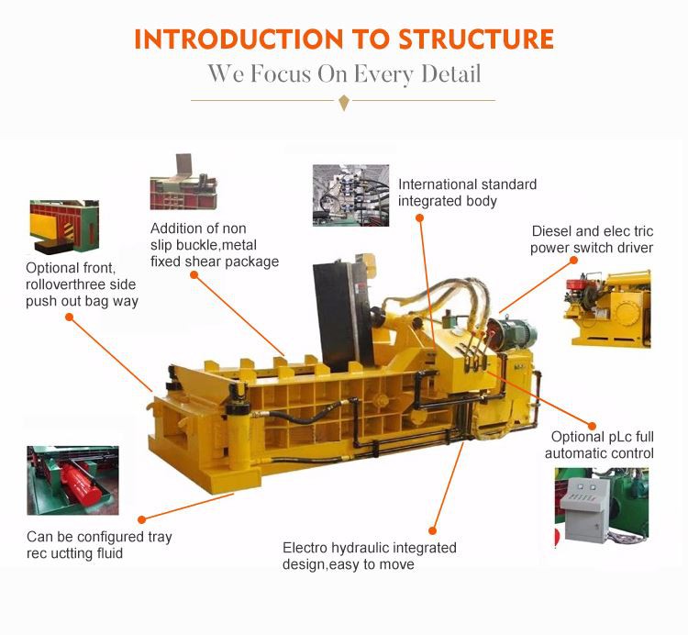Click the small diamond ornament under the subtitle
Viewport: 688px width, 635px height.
pos(344,102)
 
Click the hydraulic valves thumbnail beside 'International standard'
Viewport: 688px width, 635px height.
pos(351,195)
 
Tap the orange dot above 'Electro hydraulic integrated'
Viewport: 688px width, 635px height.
pos(433,530)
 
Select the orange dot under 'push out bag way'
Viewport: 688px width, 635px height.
pos(68,317)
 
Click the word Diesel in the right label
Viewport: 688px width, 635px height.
pos(551,231)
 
